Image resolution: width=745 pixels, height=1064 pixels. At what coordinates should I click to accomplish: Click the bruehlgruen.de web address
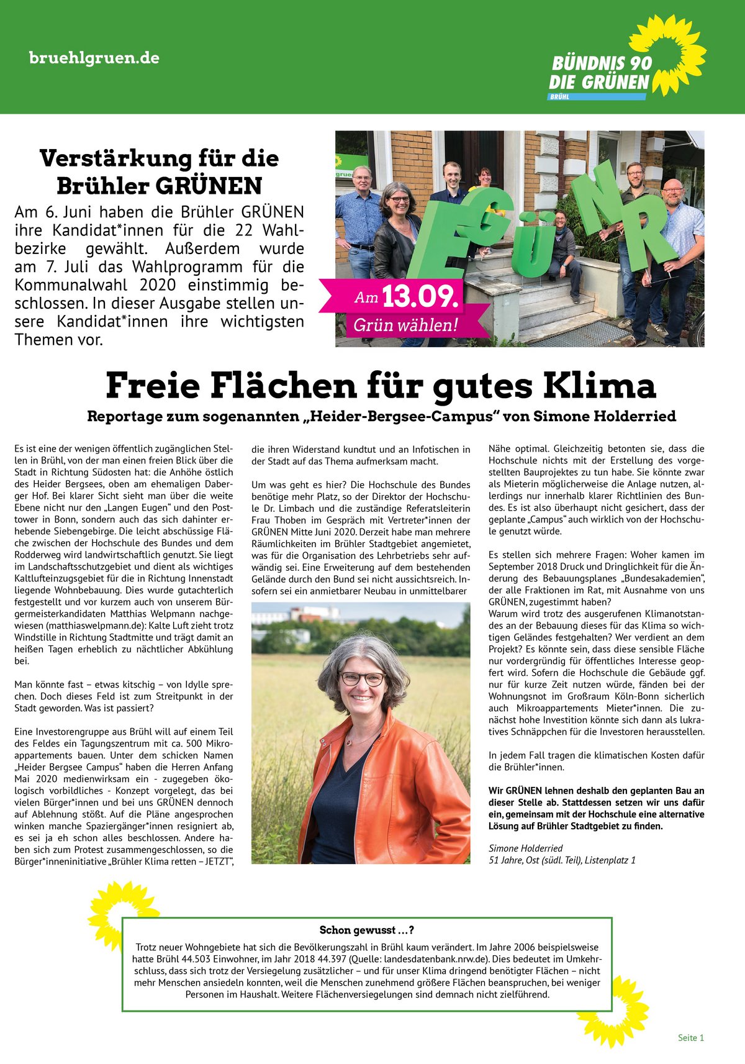tap(94, 58)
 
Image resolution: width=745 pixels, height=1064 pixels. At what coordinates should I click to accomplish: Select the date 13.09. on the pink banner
tap(420, 297)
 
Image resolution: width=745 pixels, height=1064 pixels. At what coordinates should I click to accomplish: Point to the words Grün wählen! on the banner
tap(405, 325)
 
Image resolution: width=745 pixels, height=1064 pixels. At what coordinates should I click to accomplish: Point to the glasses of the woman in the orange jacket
tap(362, 678)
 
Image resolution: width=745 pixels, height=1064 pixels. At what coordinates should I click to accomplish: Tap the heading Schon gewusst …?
tap(367, 930)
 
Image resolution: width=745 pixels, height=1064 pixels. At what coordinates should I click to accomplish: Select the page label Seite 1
tap(691, 1037)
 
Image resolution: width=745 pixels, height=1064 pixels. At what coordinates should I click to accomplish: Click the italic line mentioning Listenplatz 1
tap(562, 860)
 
